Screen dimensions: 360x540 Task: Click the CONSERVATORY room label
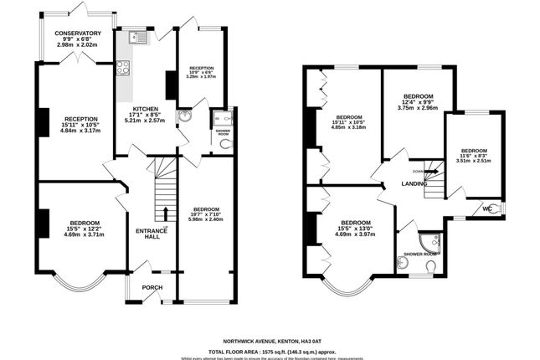(x=78, y=33)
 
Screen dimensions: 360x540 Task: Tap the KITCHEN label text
(x=146, y=109)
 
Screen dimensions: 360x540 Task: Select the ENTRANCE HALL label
(x=147, y=233)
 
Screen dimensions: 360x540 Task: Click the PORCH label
(x=152, y=287)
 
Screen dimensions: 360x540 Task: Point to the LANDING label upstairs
(x=414, y=183)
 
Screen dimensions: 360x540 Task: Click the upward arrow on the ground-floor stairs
(x=166, y=213)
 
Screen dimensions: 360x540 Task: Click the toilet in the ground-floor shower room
(x=224, y=144)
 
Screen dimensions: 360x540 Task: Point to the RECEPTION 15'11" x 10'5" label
(x=81, y=126)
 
